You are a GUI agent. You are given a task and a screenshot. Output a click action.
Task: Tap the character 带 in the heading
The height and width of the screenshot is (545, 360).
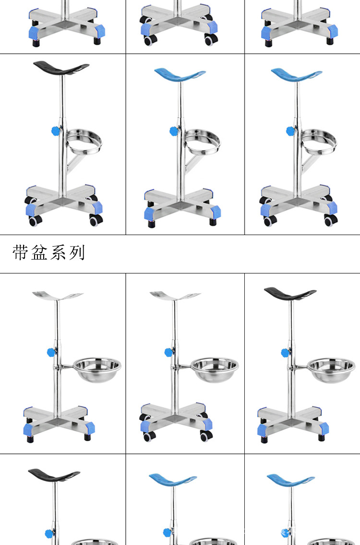pos(21,252)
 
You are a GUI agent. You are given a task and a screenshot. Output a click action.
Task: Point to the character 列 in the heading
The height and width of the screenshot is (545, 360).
pos(77,252)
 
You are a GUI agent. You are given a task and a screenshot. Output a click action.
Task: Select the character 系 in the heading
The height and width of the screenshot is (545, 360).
pos(58,252)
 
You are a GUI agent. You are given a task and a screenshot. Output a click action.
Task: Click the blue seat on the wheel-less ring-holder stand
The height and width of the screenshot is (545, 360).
pos(180,75)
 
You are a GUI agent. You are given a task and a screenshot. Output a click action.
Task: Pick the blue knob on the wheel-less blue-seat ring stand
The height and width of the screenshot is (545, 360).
pos(173,130)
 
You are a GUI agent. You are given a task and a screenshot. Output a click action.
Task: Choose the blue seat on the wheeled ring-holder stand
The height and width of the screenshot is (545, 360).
pos(296,75)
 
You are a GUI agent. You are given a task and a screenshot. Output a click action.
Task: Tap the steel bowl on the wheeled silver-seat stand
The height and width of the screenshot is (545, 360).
pos(215,369)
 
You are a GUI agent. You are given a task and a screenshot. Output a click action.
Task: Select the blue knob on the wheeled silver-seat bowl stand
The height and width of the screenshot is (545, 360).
pos(168,353)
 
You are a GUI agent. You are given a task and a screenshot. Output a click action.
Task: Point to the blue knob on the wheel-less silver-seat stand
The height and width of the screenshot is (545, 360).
pos(51,353)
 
